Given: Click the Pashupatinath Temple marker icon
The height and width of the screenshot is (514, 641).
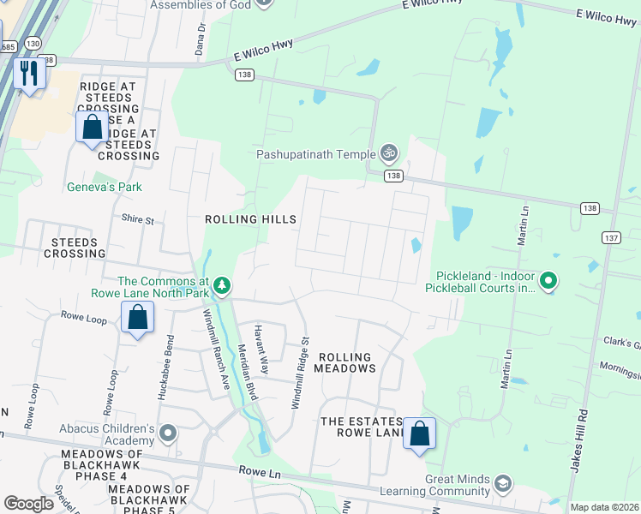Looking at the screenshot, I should coord(389,153).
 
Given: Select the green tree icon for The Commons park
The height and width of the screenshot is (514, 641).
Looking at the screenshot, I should coord(222,284).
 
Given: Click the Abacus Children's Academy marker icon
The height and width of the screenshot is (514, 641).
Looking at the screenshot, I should coord(167,433).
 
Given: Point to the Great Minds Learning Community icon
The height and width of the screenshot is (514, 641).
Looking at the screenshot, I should coord(503,484).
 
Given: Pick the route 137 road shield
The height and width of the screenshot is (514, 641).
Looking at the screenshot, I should coord(610,237).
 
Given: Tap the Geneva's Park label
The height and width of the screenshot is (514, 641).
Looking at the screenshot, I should coord(105,187).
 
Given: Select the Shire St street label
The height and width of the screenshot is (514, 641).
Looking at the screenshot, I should coord(137,220).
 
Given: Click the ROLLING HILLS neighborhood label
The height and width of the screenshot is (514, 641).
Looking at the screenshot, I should coord(250,219).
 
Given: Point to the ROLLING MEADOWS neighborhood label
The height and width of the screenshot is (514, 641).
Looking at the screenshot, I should coord(345,362).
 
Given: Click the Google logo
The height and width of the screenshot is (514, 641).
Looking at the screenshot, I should coord(29,504).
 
